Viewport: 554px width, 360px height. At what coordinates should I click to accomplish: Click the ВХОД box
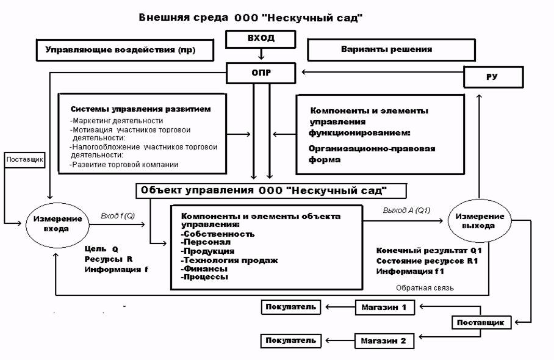point(261,38)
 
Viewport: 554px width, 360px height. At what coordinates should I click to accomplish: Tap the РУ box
point(493,77)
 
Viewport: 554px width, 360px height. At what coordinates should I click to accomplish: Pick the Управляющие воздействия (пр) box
point(120,50)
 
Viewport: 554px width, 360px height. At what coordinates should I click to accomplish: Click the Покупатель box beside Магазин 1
point(291,306)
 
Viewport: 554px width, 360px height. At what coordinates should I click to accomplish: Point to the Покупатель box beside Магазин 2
point(291,340)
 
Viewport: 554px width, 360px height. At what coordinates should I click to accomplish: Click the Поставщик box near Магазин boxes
point(481,322)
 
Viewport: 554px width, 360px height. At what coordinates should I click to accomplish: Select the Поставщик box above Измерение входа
point(25,160)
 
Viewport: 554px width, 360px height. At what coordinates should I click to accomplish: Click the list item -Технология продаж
point(229,260)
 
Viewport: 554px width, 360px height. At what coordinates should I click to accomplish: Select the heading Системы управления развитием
point(140,109)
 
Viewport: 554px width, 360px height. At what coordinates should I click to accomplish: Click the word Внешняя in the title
point(162,18)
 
